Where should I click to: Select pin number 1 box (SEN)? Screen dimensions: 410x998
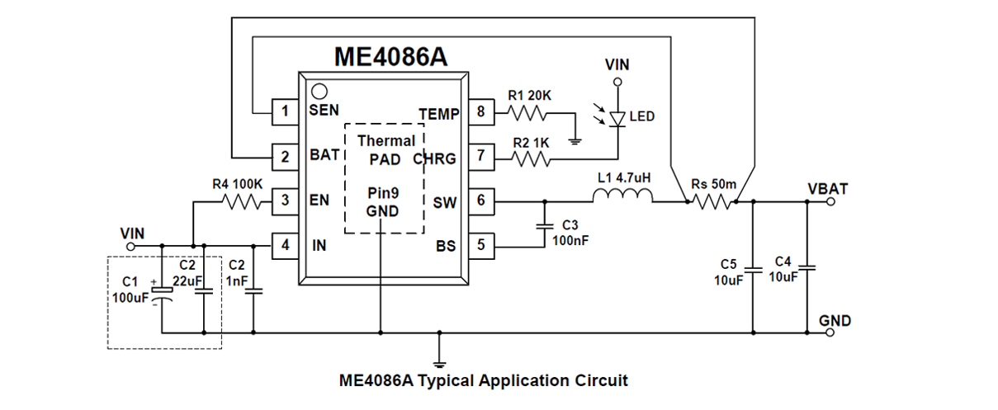(x=285, y=111)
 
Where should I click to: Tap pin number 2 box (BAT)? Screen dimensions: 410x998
(x=285, y=155)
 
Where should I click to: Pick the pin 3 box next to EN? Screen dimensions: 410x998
(x=285, y=200)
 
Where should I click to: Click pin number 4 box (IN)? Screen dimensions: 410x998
(x=285, y=245)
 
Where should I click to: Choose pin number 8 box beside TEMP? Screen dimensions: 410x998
(x=480, y=113)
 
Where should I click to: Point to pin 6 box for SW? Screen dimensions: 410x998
(x=480, y=200)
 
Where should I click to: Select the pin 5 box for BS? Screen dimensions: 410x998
(x=480, y=245)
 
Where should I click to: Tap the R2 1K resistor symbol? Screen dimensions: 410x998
(x=529, y=157)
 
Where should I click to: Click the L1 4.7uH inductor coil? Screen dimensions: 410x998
(x=622, y=197)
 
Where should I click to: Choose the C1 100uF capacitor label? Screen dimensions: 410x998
(x=130, y=290)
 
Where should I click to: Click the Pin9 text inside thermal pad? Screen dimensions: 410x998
(x=383, y=194)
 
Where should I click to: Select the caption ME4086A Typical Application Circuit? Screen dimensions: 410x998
(x=483, y=381)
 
